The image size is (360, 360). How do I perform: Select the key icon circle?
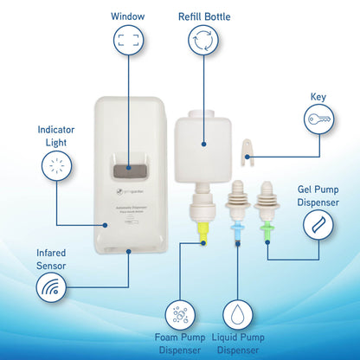point(319,119)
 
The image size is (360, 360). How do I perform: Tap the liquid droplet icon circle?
point(242,316)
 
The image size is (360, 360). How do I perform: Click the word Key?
point(320,96)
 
